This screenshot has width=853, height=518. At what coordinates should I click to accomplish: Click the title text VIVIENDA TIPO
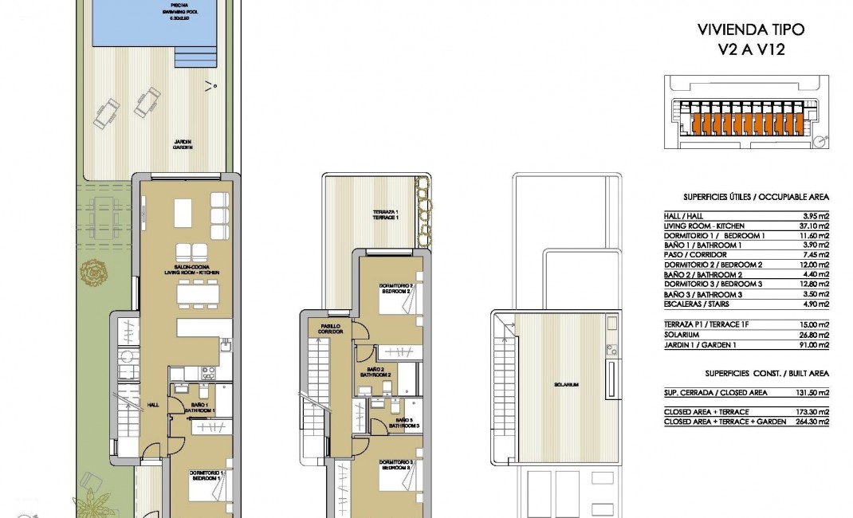click(x=751, y=30)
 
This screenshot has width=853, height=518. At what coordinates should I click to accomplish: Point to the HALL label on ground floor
click(x=151, y=405)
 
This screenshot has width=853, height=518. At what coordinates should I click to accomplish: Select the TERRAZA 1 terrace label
click(x=385, y=215)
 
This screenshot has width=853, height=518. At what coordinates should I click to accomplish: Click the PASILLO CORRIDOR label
click(x=332, y=328)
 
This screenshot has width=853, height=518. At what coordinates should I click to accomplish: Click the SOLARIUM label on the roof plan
click(x=568, y=385)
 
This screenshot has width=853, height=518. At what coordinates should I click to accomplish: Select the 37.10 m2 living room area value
click(x=812, y=226)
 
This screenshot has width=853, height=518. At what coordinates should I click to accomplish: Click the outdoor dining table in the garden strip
click(x=104, y=214)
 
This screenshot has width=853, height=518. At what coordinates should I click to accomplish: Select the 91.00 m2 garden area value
click(x=812, y=345)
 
